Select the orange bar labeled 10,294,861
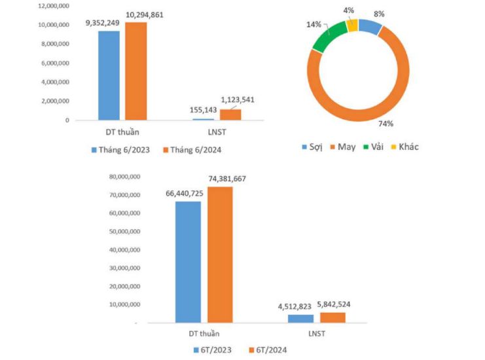[x=136, y=71]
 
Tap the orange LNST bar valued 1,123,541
[x=230, y=115]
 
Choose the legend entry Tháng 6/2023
[x=120, y=150]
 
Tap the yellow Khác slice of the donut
[x=351, y=25]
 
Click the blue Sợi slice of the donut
[x=370, y=27]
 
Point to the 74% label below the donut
[x=386, y=123]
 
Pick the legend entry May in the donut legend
[x=341, y=147]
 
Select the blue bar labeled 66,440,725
[x=188, y=261]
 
